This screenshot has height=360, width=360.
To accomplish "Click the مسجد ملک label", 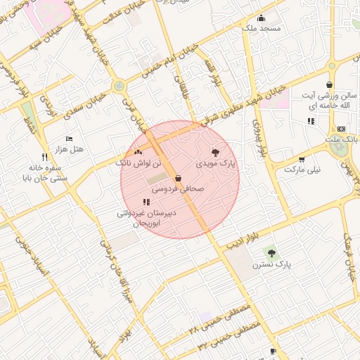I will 261,29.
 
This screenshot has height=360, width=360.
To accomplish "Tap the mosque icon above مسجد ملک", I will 262,18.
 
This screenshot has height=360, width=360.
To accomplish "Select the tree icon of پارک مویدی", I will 215,152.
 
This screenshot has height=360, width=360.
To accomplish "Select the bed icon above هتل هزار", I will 69,139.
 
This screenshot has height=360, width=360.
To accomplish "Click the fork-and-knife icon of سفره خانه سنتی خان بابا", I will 44,157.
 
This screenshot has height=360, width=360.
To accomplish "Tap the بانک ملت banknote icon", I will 341,129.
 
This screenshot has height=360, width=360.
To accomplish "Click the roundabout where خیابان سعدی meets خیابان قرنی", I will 119,86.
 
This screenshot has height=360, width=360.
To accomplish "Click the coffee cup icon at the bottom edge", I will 273,351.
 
